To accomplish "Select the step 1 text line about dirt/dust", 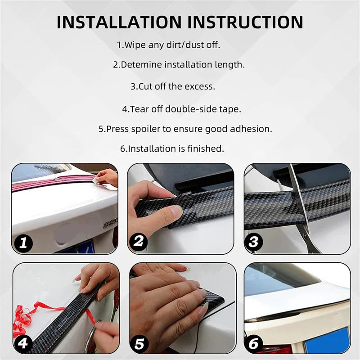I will tap(168, 45).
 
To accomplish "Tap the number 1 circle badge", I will tap(24, 243).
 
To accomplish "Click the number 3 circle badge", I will tap(254, 242).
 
